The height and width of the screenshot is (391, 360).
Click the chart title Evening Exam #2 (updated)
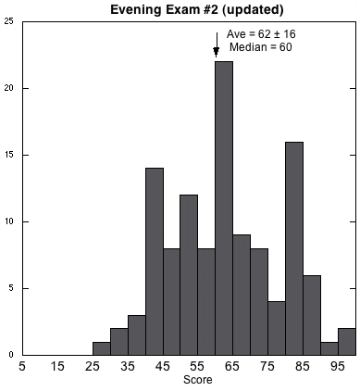click(x=197, y=10)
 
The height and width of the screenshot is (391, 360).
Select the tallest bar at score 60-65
click(x=224, y=208)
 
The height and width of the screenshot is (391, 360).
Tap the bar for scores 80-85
click(x=294, y=248)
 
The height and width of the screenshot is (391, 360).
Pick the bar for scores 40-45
click(x=155, y=261)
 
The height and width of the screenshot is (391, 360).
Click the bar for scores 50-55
click(x=189, y=275)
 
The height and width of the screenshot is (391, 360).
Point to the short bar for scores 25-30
click(x=102, y=348)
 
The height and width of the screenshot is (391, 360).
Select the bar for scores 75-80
click(x=277, y=328)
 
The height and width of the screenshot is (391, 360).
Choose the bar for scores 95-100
click(x=347, y=342)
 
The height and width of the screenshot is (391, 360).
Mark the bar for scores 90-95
click(x=329, y=348)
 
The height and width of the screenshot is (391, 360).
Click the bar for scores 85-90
click(x=312, y=315)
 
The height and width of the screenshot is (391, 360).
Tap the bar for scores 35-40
click(x=137, y=335)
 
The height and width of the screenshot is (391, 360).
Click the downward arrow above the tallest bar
click(x=217, y=44)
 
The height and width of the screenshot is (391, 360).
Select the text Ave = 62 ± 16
click(x=261, y=34)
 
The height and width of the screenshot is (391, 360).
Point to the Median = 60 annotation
click(x=261, y=47)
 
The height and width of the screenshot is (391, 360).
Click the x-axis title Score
click(x=198, y=380)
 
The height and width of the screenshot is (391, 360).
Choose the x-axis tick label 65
click(x=232, y=366)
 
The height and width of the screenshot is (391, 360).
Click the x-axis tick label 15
click(x=57, y=366)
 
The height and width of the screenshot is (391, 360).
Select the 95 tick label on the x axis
click(x=337, y=366)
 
